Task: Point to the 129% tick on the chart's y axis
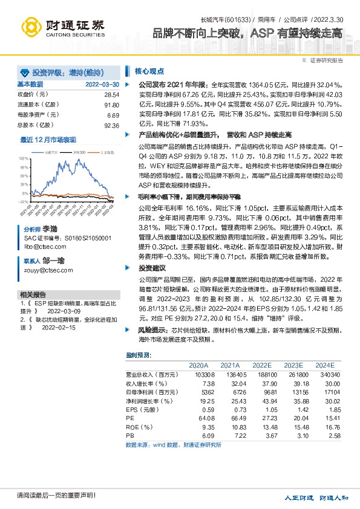click(24, 158)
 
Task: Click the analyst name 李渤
click(50, 230)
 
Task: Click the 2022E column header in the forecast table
click(261, 365)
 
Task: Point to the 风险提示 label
click(151, 329)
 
